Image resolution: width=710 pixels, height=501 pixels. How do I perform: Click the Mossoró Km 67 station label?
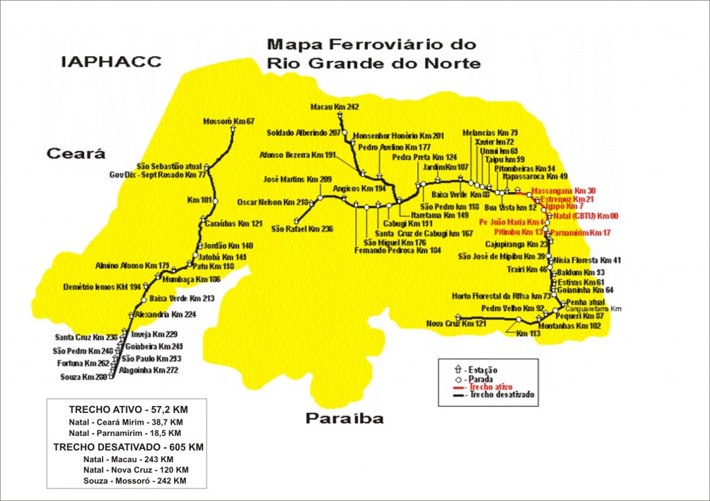pos(228,121)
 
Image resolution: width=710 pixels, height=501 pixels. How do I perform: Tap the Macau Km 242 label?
pos(336,107)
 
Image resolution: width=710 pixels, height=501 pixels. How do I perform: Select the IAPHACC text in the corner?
pos(111,62)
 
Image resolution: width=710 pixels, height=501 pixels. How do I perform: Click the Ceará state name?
pos(76,154)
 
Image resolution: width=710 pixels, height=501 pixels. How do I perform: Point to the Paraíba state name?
pos(344,419)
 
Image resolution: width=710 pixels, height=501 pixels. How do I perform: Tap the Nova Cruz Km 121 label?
pos(456,324)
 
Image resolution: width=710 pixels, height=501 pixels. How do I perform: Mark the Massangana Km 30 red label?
pos(562,190)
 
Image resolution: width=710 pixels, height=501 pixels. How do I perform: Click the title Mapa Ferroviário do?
pos(372,45)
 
